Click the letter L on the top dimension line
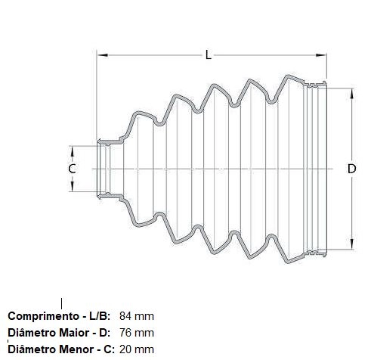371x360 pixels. pyautogui.click(x=208, y=54)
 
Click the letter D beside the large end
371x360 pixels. pyautogui.click(x=351, y=169)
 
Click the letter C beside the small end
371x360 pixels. pyautogui.click(x=72, y=169)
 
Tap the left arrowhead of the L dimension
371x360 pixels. pyautogui.click(x=102, y=55)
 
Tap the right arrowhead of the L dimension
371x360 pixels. pyautogui.click(x=321, y=55)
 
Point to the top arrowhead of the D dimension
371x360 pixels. pyautogui.click(x=352, y=94)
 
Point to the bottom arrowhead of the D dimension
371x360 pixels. pyautogui.click(x=352, y=244)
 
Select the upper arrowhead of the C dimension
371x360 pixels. pyautogui.click(x=72, y=151)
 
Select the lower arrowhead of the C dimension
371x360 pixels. pyautogui.click(x=72, y=186)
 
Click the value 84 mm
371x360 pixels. pyautogui.click(x=137, y=316)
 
